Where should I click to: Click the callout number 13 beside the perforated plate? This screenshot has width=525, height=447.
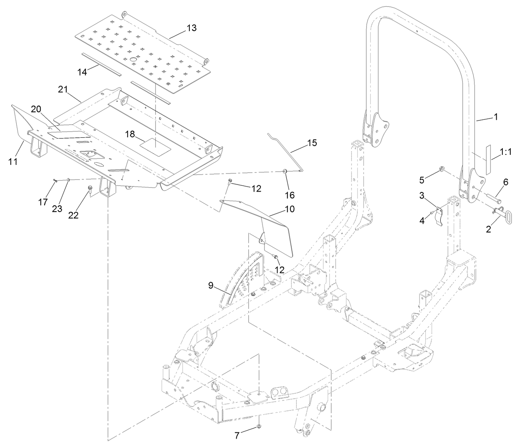pos(191,28)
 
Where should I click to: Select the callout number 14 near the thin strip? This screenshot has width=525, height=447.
pos(82,72)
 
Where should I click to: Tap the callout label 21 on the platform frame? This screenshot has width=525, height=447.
pos(63,89)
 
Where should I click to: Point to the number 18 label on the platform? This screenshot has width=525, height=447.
pos(130,134)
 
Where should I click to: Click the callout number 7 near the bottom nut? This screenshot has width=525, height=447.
pos(237,435)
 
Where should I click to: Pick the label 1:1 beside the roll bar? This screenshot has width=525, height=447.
pos(505,152)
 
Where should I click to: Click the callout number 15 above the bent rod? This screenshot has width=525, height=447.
pos(312,143)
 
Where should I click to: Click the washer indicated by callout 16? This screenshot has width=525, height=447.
pos(285,171)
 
